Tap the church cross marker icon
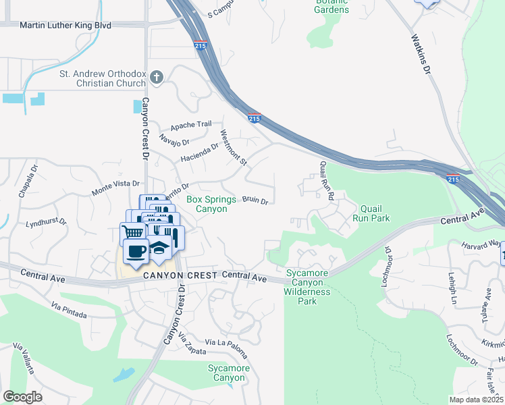(157, 78)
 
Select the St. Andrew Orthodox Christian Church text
(103, 78)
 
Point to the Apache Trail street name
(191, 124)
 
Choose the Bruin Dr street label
(255, 200)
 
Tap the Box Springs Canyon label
(211, 204)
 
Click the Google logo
(22, 397)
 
